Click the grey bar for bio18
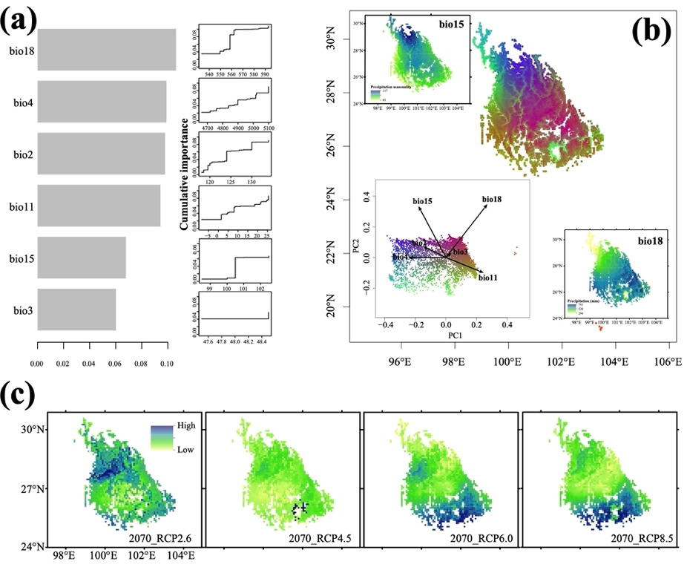(106, 50)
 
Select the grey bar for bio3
(76, 309)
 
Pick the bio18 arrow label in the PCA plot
(496, 199)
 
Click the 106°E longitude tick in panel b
(670, 361)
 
